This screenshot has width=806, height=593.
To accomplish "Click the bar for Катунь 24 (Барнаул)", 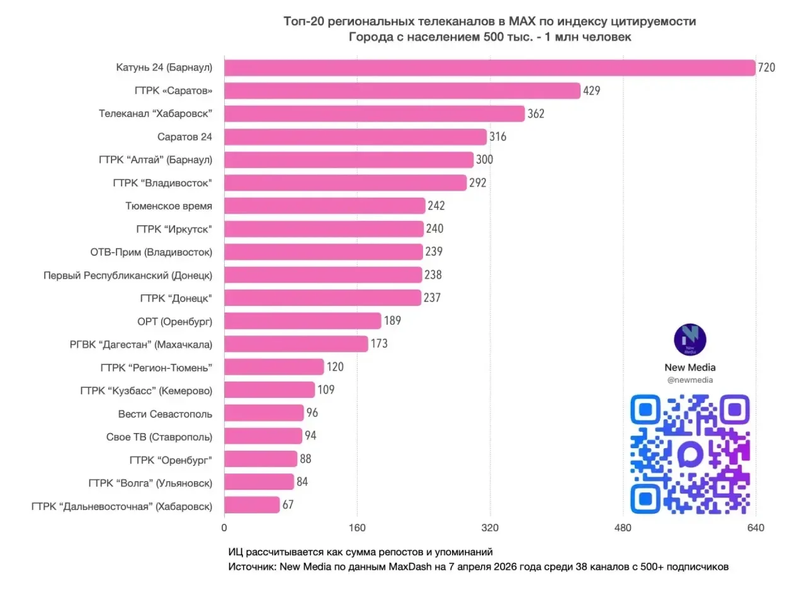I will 489,68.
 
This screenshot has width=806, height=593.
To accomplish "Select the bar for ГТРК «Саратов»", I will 402,91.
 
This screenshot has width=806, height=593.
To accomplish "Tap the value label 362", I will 536,114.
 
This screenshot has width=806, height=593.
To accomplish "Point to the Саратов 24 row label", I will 184,137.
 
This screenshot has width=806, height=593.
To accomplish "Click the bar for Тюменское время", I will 324,206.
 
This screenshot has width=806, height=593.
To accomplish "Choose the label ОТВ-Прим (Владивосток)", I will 151,252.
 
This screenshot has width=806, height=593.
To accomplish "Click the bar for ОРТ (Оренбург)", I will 302,321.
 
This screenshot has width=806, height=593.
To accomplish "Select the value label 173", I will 379,344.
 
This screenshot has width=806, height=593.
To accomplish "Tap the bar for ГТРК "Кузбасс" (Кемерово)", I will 269,390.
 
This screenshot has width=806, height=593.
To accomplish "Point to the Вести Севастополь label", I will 165,414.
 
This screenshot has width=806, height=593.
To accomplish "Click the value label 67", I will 288,505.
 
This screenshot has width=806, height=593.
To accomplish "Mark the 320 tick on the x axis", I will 490,528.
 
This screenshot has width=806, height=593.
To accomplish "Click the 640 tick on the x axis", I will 755,528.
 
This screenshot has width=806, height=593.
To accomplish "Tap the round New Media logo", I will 690,340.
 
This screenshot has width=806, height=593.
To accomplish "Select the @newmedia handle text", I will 690,380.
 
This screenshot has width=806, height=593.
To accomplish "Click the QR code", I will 690,453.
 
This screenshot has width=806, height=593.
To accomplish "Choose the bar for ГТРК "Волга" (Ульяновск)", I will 259,482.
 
